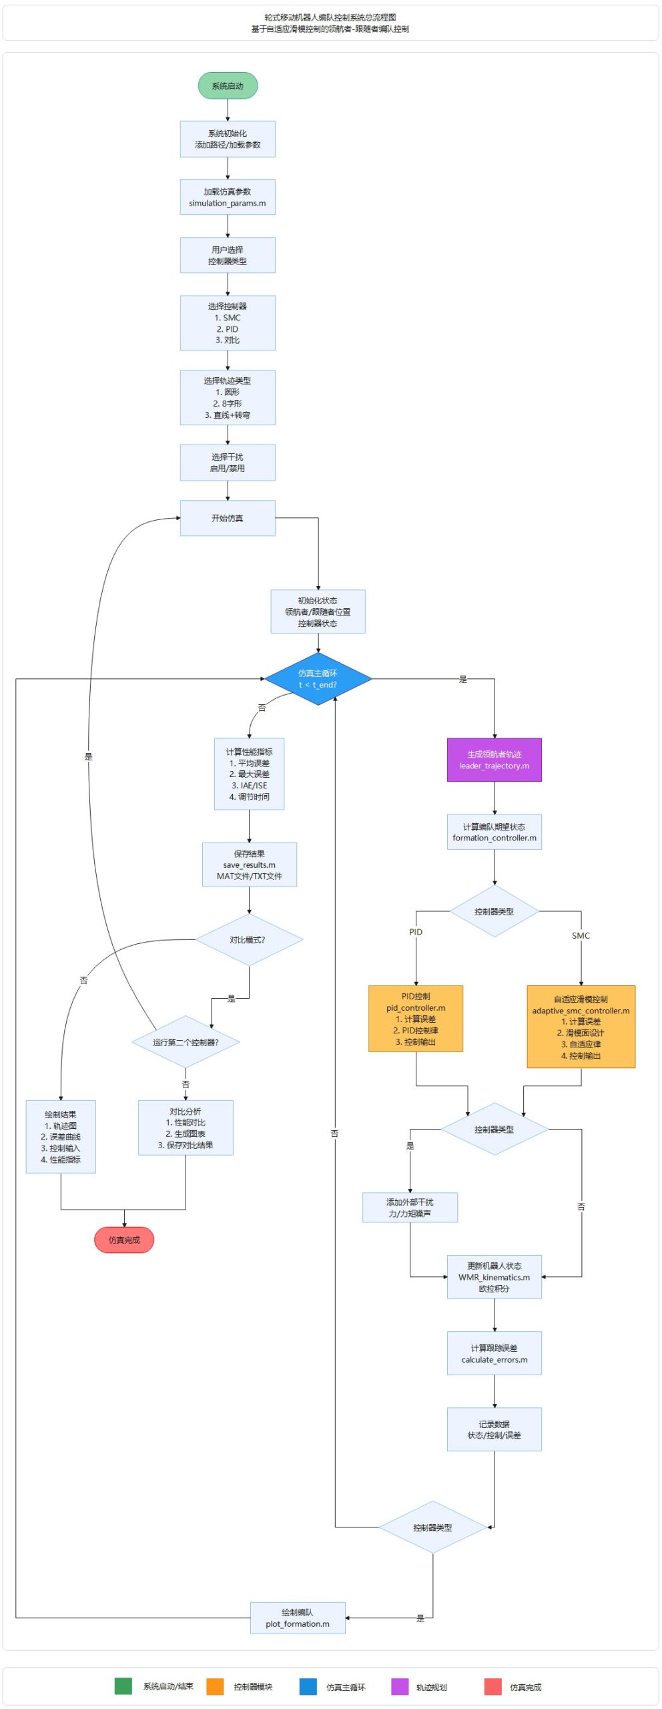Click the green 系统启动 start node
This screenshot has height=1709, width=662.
point(228,86)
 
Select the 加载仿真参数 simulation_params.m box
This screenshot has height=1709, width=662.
point(228,197)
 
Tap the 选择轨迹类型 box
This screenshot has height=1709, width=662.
point(228,398)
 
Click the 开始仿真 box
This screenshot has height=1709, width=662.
point(228,518)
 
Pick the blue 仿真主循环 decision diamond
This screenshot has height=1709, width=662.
point(318,679)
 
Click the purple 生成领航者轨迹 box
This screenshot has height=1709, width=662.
point(494,760)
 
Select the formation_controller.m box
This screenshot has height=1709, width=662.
point(494,832)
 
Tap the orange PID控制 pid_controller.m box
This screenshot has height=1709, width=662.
point(416,1019)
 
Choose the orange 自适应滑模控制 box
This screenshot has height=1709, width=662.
point(581,1027)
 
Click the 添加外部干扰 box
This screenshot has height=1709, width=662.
point(410,1208)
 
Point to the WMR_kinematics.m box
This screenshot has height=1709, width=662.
point(494,1277)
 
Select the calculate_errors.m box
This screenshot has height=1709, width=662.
point(494,1353)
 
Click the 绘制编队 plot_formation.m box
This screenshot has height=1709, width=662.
point(298,1618)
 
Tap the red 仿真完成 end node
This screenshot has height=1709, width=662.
point(124,1240)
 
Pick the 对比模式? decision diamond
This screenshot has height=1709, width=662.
point(249,940)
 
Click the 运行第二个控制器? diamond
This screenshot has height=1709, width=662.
point(186,1042)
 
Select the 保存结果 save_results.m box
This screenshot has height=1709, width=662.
point(249,865)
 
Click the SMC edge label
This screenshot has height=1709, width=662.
point(581,936)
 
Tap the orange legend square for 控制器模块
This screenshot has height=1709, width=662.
point(215,1686)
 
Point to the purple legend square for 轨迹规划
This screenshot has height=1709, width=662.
point(400,1686)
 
